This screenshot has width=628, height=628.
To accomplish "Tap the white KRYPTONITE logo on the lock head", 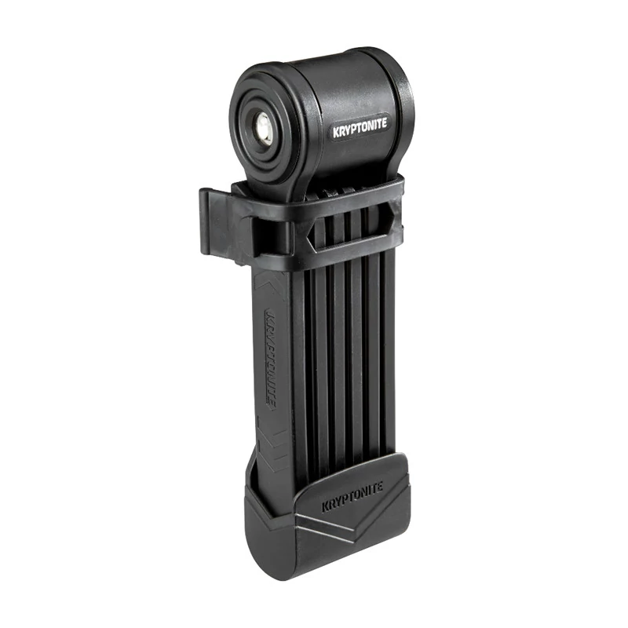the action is (360, 127).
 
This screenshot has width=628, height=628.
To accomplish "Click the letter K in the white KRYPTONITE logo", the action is (336, 133).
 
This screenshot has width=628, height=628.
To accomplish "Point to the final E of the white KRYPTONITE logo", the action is (385, 122).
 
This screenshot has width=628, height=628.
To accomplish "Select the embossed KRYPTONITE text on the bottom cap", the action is (352, 497).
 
